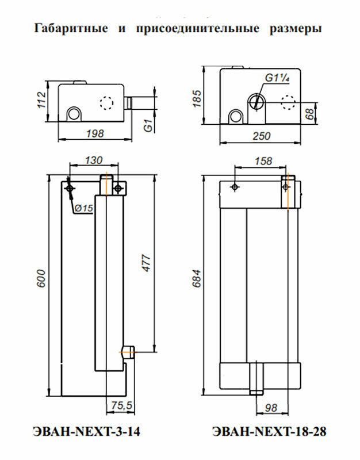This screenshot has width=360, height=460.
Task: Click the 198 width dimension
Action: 95,133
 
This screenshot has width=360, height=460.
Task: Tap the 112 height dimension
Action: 41,100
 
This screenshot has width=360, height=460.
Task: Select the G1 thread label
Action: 149,125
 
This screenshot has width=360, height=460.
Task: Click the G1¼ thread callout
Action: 277,78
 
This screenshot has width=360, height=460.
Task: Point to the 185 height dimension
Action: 198,98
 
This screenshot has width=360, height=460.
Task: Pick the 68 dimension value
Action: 309,113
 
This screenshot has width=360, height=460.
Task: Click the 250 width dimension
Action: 261,136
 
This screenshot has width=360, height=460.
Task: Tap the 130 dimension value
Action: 93,160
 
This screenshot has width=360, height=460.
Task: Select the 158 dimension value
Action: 263,161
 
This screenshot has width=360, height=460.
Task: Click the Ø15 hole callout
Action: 84,208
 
